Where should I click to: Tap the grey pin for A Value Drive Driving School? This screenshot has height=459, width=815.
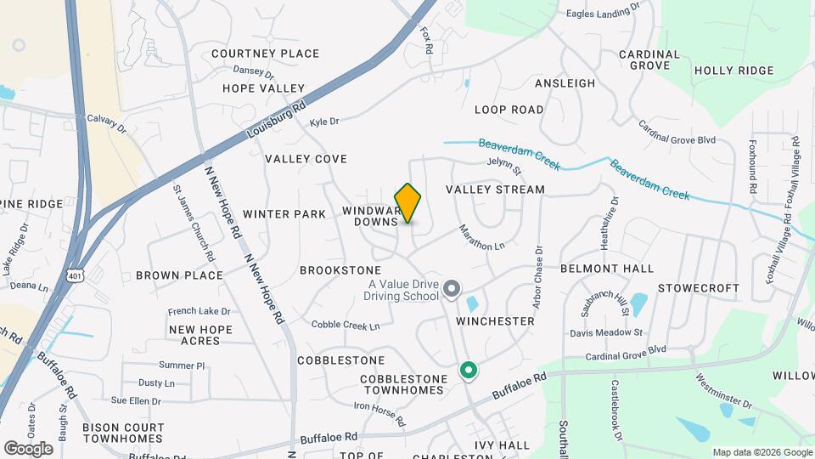[x=452, y=291]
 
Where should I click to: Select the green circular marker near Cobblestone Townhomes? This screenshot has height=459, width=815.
[x=467, y=371]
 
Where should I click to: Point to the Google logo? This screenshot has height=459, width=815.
[x=28, y=448]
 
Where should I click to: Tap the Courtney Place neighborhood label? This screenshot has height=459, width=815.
[x=265, y=54]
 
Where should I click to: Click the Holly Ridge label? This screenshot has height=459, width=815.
[x=733, y=71]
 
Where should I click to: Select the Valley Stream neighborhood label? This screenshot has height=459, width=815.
[x=495, y=190]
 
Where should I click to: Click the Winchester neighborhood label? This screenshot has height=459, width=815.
[x=495, y=321]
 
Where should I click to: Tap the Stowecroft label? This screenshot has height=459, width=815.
[x=699, y=288]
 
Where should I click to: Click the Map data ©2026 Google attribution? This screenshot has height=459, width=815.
[x=761, y=452]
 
